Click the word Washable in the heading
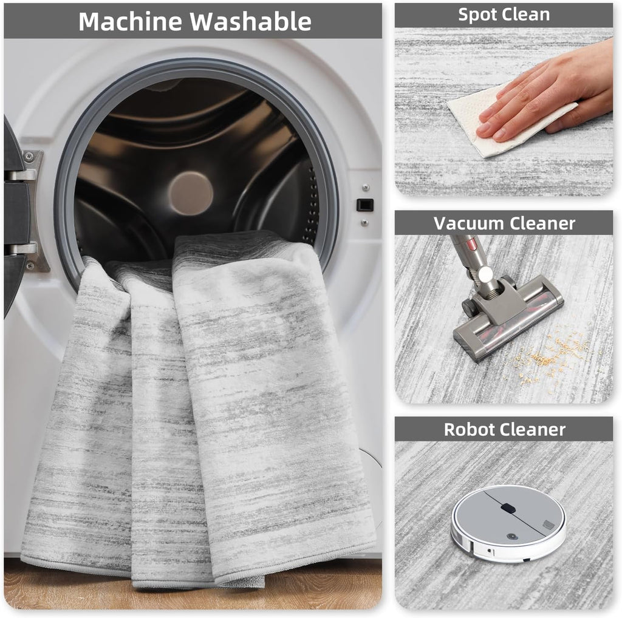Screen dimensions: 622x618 (x=251, y=21)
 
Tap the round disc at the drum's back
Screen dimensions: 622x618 (x=191, y=194)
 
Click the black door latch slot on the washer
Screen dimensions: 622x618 (x=365, y=205)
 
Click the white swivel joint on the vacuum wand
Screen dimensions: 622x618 (x=484, y=274)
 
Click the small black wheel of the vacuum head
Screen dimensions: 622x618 (x=469, y=308)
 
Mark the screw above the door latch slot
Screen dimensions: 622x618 (x=366, y=188)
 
